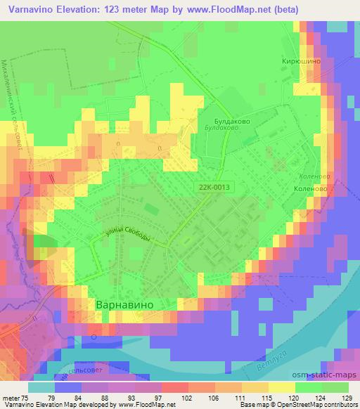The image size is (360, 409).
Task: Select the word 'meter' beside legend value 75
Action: [11, 397]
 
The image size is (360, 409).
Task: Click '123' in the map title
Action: [113, 10]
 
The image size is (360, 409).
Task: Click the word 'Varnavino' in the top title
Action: [30, 10]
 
